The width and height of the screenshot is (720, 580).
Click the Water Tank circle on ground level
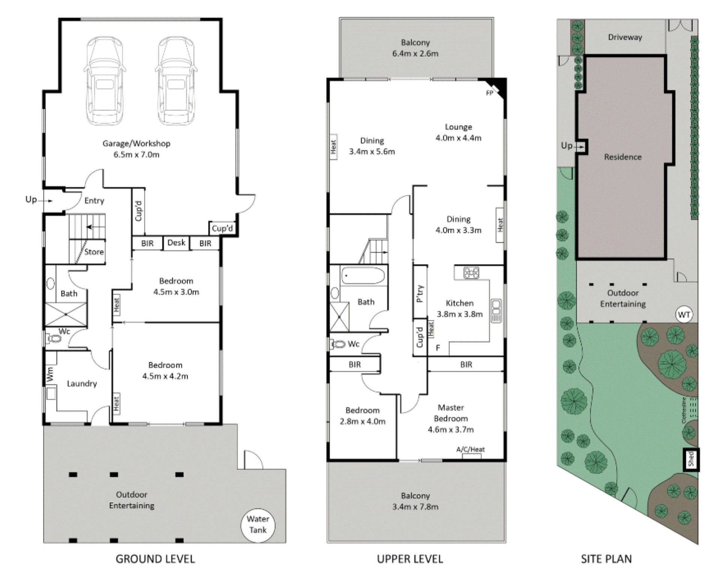pos(258,524)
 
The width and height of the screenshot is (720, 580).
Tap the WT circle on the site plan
pos(684,315)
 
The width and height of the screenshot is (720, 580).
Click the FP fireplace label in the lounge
pos(489,93)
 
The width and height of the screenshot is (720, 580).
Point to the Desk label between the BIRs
pos(176,243)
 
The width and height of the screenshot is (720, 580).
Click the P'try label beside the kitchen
pos(420,294)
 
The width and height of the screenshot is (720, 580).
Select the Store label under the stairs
pos(94,252)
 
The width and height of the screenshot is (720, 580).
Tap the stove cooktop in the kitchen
pos(471,272)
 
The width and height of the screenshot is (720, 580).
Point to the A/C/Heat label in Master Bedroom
pos(470,449)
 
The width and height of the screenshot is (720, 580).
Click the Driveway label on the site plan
pos(625,37)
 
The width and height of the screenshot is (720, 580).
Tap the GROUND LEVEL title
pos(155,559)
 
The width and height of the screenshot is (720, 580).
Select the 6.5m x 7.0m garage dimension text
pos(136,154)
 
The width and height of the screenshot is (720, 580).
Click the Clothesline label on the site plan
pos(684,410)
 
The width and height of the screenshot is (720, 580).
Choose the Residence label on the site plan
pos(622,157)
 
